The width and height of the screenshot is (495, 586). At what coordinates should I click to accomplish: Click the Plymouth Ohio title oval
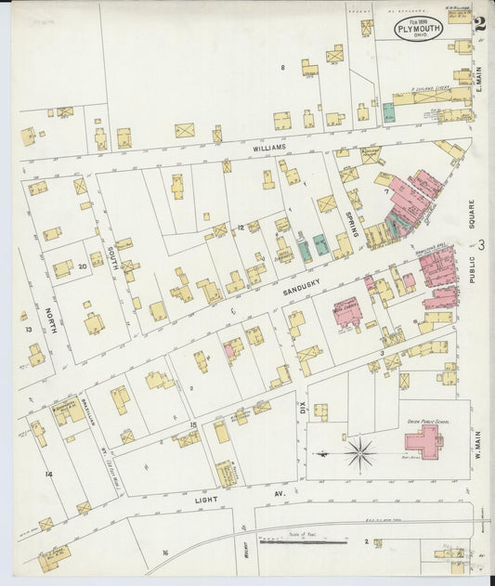(419, 27)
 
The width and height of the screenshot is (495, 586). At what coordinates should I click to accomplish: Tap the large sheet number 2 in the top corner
(478, 26)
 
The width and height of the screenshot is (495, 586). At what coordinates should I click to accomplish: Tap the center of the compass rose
(359, 453)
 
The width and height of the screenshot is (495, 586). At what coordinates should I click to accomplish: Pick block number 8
(283, 68)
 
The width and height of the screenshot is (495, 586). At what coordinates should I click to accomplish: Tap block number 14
(48, 474)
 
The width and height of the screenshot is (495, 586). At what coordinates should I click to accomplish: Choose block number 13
(29, 330)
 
